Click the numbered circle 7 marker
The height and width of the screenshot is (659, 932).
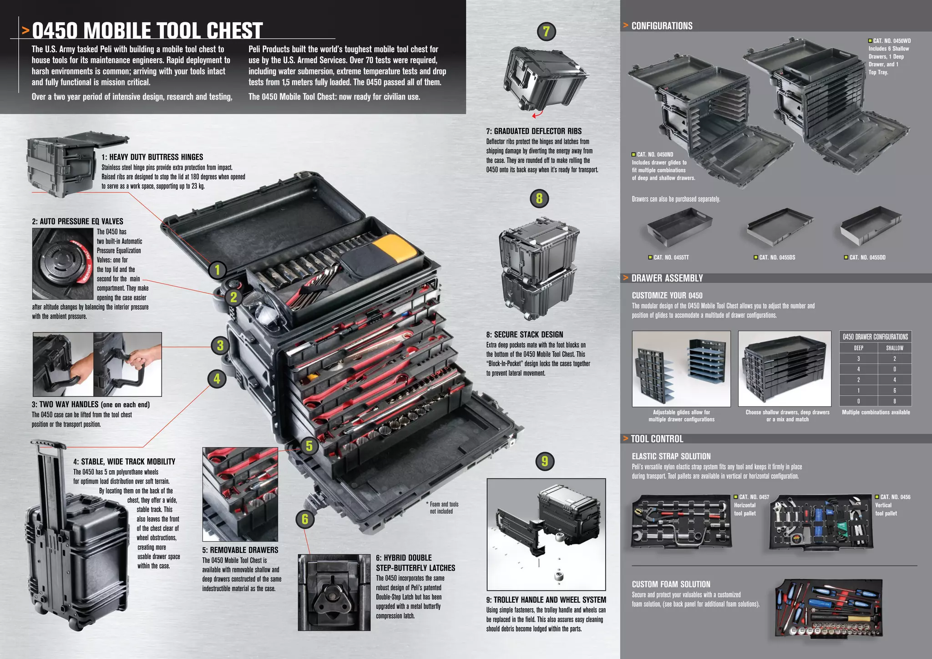(x=546, y=31)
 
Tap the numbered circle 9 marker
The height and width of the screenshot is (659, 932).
(x=545, y=461)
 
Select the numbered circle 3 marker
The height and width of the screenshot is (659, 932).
(x=220, y=346)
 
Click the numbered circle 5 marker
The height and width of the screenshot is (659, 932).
(x=309, y=446)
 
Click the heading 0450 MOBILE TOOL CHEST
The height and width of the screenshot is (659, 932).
(x=147, y=30)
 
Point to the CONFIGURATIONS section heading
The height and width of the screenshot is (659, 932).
(x=662, y=26)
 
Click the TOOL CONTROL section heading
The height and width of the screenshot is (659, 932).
(x=657, y=439)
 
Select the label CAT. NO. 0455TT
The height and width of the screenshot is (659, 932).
(x=671, y=258)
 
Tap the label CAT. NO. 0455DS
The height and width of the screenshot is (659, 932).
(x=777, y=258)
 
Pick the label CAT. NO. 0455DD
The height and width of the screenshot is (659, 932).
(x=867, y=258)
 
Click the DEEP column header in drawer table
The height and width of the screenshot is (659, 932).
(x=858, y=348)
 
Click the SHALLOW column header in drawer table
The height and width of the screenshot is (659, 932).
(x=894, y=348)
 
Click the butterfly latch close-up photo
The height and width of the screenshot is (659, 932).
(x=334, y=593)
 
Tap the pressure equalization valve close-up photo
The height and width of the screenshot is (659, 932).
(x=63, y=264)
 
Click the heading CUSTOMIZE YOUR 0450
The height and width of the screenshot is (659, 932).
(x=667, y=295)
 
